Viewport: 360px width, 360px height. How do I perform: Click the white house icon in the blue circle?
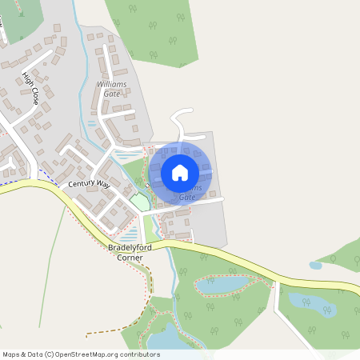180,172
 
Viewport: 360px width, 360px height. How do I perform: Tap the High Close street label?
30,90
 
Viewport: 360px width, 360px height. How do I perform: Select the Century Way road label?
89,184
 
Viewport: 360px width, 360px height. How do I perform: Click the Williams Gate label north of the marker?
111,88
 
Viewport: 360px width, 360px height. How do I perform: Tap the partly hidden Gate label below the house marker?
187,197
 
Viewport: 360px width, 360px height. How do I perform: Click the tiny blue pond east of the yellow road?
315,265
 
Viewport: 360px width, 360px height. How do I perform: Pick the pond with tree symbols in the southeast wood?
312,304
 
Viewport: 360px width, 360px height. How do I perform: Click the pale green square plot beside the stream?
140,202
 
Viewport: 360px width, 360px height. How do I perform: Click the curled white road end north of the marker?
182,118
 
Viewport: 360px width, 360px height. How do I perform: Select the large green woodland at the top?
152,28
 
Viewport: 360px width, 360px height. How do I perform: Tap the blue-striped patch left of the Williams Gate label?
91,124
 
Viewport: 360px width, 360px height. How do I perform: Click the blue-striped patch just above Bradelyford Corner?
128,238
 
